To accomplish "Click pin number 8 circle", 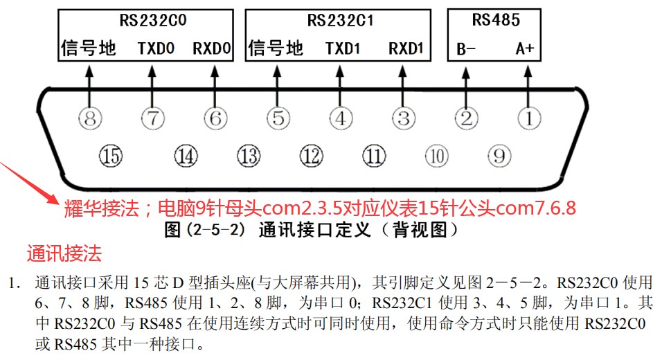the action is tap(89, 118).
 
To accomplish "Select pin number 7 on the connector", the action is tap(152, 118).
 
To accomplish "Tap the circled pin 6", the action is tap(215, 118).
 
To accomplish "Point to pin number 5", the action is tap(278, 118).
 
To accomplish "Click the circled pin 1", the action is tap(529, 118).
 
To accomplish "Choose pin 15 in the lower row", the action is tap(109, 156).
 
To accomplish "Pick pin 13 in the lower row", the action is tap(248, 156).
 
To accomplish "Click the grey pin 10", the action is tap(436, 156).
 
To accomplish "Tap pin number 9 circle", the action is tap(499, 156).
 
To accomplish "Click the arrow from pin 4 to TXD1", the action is tap(340, 84).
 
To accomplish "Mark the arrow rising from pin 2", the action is tap(466, 84).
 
